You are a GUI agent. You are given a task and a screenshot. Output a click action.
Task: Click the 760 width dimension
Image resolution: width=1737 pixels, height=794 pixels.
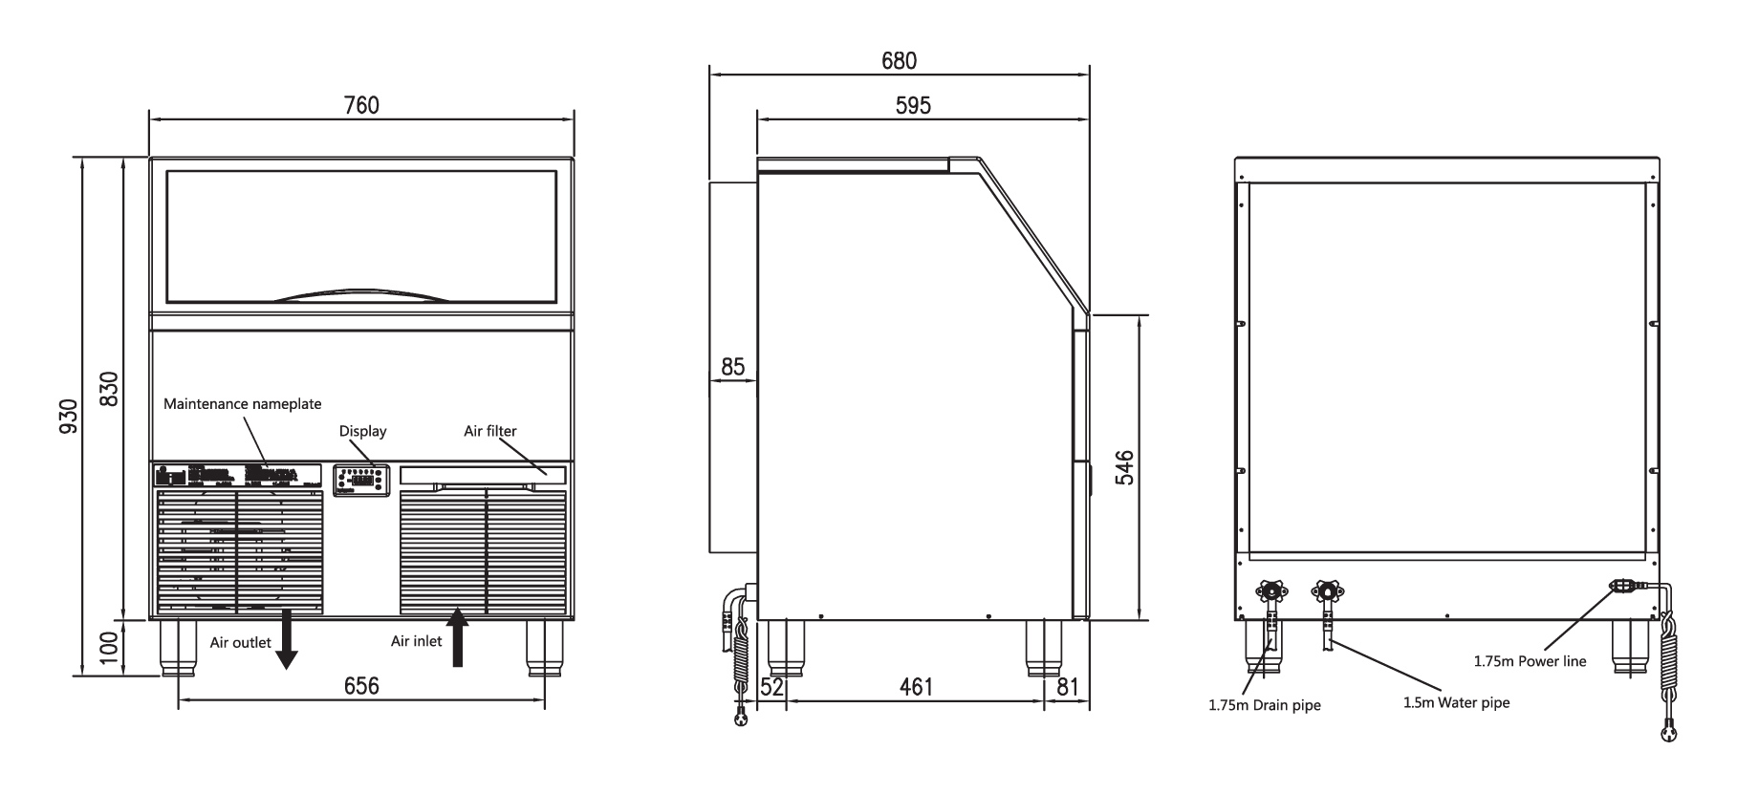[x=361, y=105]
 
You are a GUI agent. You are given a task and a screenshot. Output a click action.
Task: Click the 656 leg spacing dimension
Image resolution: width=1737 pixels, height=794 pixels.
[x=361, y=686]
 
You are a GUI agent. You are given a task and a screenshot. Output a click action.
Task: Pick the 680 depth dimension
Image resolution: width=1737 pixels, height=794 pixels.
[x=899, y=60]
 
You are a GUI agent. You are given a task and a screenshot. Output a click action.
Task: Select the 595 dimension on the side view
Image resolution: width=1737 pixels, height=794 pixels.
[x=913, y=105]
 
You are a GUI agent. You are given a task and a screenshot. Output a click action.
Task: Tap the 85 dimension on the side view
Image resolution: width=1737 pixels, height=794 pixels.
[x=732, y=366]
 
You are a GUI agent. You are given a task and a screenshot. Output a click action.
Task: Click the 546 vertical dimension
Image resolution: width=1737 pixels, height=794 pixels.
[x=1125, y=468]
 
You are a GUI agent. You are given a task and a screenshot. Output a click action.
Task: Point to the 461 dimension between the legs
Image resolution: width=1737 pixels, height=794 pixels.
[x=916, y=687]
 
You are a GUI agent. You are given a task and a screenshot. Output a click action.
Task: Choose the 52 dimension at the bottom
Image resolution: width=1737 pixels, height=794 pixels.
[x=771, y=687]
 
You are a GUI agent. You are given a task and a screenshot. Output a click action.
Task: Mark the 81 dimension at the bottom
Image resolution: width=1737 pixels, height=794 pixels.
[x=1068, y=687]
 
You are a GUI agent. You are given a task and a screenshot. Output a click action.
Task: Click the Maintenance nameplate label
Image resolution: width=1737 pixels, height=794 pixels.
[x=243, y=404]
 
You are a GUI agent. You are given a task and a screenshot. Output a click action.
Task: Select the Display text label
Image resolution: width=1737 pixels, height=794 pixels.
[x=363, y=431]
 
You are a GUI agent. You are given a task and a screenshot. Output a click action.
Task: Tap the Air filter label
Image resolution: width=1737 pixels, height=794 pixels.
[x=490, y=431]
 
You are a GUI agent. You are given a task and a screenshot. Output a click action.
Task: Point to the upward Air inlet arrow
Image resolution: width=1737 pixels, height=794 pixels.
[x=458, y=637]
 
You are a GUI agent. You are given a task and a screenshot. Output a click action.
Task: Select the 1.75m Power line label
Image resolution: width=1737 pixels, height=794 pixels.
[x=1530, y=661]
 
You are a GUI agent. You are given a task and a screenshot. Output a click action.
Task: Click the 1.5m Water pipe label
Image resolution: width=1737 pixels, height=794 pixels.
[x=1456, y=703]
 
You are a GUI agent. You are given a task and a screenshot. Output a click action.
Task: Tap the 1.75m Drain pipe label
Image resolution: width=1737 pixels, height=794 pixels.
[x=1265, y=706]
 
